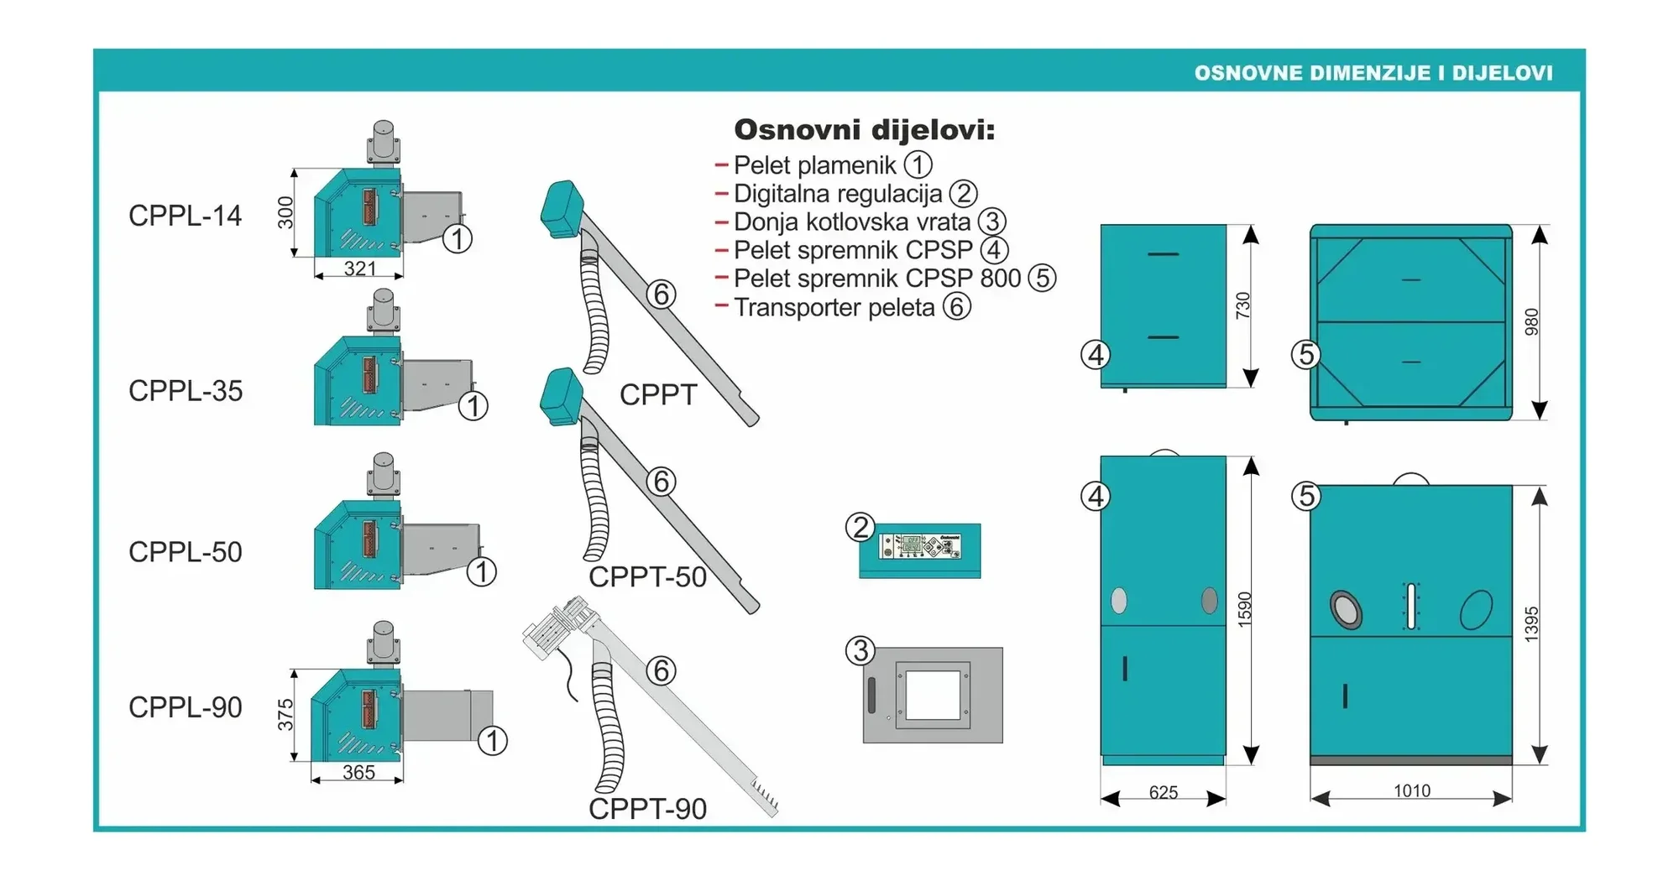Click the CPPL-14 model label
point(185,216)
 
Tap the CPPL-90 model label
point(185,707)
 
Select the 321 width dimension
point(359,268)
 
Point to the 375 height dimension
point(286,715)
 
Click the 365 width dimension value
point(358,772)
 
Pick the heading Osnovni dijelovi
point(864,130)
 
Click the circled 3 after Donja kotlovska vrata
point(992,222)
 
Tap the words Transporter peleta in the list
point(834,307)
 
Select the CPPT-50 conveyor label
point(647,577)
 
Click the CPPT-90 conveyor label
point(647,809)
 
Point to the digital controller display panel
point(919,547)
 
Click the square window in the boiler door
point(933,695)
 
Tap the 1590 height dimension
point(1244,609)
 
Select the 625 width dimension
point(1163,792)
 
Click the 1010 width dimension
point(1411,790)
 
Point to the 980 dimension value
point(1531,322)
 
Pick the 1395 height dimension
point(1531,624)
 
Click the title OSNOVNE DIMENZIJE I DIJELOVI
point(1373,73)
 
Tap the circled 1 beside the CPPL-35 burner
point(473,406)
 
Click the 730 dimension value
point(1243,305)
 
